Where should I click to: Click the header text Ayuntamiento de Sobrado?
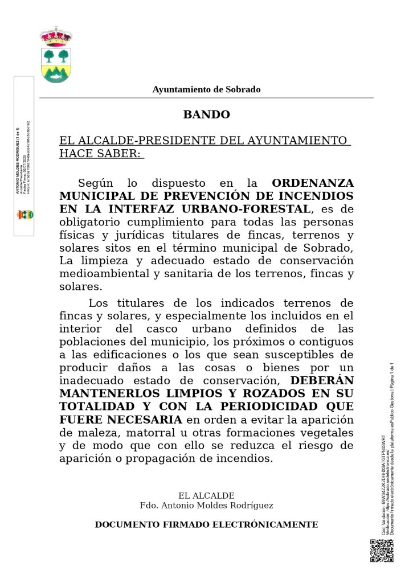[206, 89]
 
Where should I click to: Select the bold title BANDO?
[206, 114]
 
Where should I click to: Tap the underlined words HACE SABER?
[101, 153]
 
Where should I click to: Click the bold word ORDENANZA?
[313, 183]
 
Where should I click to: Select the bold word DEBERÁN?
[322, 381]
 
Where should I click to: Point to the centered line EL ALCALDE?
[206, 496]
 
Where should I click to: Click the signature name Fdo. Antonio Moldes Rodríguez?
[206, 506]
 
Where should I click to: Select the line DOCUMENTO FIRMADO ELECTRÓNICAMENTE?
[206, 524]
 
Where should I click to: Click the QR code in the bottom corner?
[382, 551]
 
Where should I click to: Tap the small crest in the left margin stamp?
[25, 215]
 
